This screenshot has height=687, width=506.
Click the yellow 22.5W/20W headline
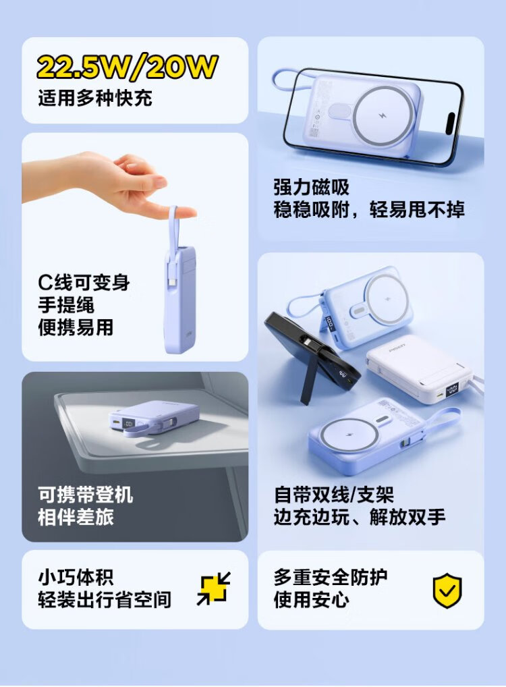[x=127, y=67]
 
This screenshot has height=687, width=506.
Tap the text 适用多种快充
[x=95, y=98]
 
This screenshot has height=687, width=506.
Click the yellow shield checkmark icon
[x=447, y=590]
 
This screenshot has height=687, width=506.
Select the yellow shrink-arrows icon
[x=213, y=588]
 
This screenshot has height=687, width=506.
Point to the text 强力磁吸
[x=312, y=187]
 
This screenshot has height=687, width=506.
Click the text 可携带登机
[x=86, y=495]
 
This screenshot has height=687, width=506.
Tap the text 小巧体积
[x=76, y=578]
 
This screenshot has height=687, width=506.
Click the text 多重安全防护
[x=331, y=577]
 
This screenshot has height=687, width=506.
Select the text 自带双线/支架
[x=334, y=495]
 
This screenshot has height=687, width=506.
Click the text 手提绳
[x=66, y=305]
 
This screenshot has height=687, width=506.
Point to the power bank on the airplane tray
[x=153, y=418]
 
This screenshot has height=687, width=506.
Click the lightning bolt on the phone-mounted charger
[x=383, y=116]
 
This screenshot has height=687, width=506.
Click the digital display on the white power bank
[x=453, y=389]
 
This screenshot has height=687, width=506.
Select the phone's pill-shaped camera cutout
[x=451, y=123]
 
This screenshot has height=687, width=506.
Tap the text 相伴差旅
[x=76, y=517]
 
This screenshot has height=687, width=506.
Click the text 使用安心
[x=312, y=599]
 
